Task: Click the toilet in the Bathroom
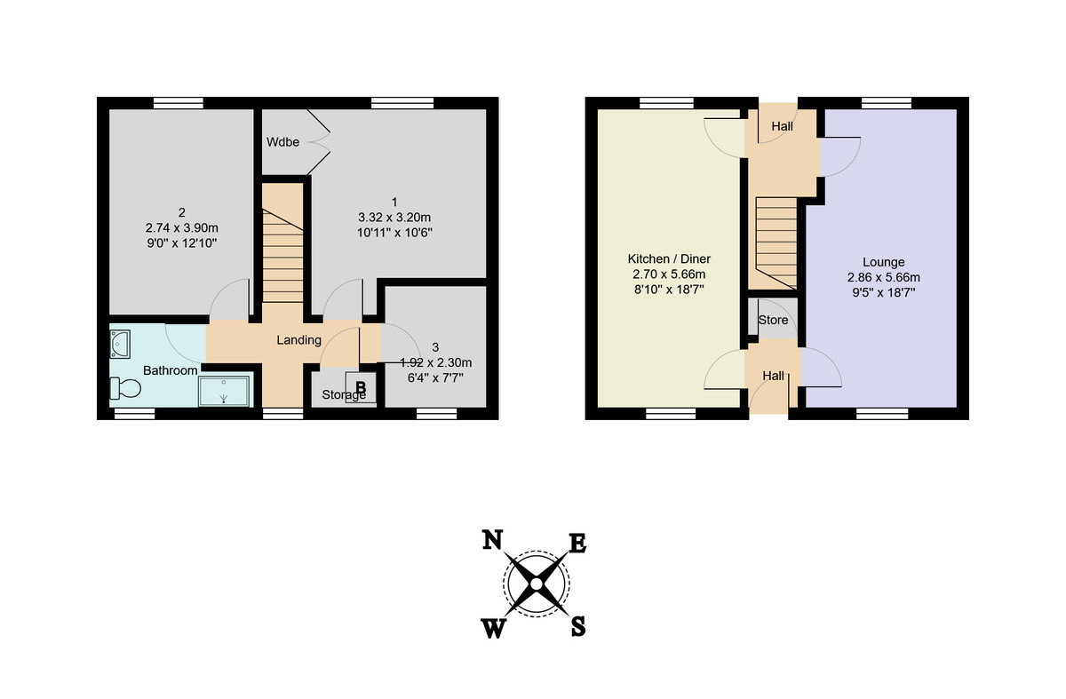point(125,388)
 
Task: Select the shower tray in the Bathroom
point(225,390)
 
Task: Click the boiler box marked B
point(361,387)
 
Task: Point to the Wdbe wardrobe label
point(282,142)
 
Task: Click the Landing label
point(298,340)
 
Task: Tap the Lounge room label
point(883,262)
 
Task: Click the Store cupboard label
point(773,320)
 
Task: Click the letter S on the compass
point(577,627)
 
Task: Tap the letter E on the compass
point(577,543)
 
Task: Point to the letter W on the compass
point(494,629)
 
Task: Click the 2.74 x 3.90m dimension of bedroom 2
point(181,226)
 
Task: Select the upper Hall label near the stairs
point(782,127)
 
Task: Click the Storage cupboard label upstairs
point(342,395)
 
